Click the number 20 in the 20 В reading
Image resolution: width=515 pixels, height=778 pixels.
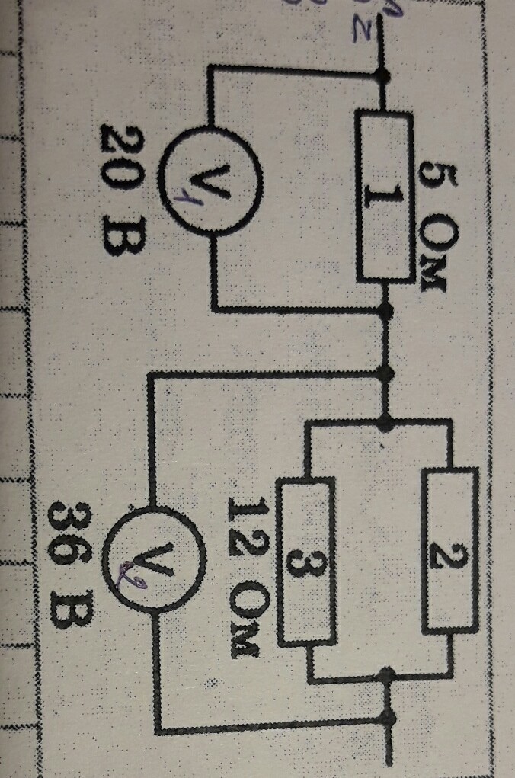tap(123, 150)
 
